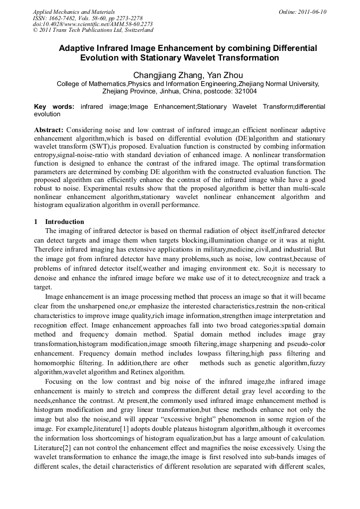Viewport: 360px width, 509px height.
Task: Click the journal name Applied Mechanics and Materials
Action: pyautogui.click(x=74, y=12)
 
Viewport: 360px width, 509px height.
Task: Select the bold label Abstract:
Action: pyautogui.click(x=49, y=130)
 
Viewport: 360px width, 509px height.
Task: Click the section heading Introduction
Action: pyautogui.click(x=64, y=222)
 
